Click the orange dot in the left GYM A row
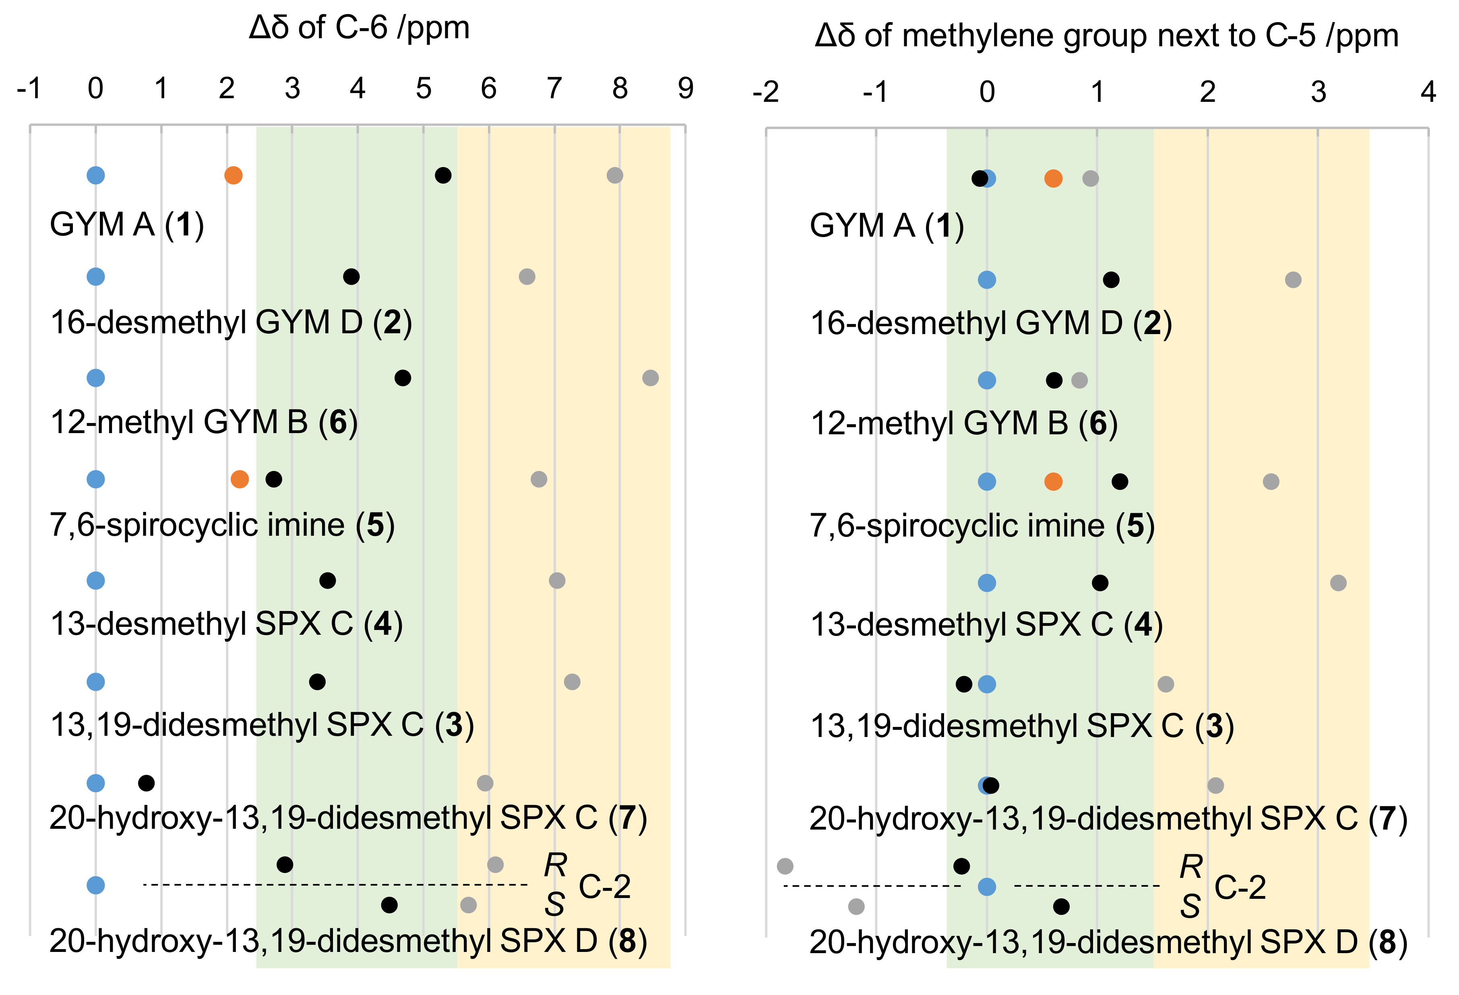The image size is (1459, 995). [233, 175]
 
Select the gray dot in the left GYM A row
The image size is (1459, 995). [615, 175]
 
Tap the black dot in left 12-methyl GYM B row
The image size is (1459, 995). [403, 378]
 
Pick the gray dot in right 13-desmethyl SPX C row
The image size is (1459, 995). [1338, 582]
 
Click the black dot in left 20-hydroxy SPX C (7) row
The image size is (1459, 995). [146, 783]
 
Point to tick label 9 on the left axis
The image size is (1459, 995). [685, 89]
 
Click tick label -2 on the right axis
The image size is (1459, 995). [765, 92]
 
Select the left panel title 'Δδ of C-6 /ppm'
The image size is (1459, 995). [359, 28]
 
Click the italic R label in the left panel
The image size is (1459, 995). [555, 866]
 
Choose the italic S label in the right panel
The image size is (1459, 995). [1190, 906]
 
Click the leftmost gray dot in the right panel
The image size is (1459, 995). [785, 866]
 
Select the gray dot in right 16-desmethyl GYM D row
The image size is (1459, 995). [1293, 279]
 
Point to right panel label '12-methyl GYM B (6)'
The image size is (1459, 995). [964, 423]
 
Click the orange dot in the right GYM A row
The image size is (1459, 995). [1053, 178]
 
